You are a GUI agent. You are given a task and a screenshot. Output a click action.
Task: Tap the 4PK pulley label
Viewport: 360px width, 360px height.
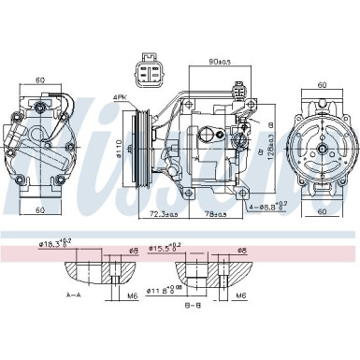tap(121, 96)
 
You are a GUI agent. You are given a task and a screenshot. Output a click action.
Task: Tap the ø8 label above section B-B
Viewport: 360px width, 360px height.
tap(243, 251)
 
